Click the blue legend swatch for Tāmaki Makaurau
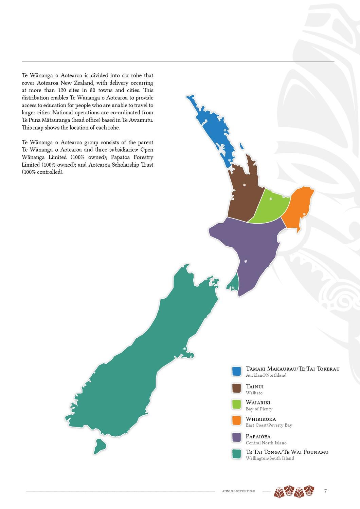click(236, 371)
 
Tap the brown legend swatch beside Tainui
click(236, 388)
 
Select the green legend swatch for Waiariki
click(236, 404)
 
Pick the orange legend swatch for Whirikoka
click(236, 420)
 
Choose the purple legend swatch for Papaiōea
click(236, 437)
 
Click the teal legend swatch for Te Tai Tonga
click(236, 454)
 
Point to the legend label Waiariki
click(258, 402)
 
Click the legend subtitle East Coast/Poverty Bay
click(269, 425)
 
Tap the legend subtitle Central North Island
click(266, 443)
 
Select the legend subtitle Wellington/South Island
click(270, 458)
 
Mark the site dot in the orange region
click(304, 214)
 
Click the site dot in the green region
click(271, 199)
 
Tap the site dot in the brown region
click(244, 185)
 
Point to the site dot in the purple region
click(246, 261)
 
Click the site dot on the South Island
click(184, 348)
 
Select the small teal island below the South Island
click(100, 446)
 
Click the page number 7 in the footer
click(325, 491)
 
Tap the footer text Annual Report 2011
click(238, 491)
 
